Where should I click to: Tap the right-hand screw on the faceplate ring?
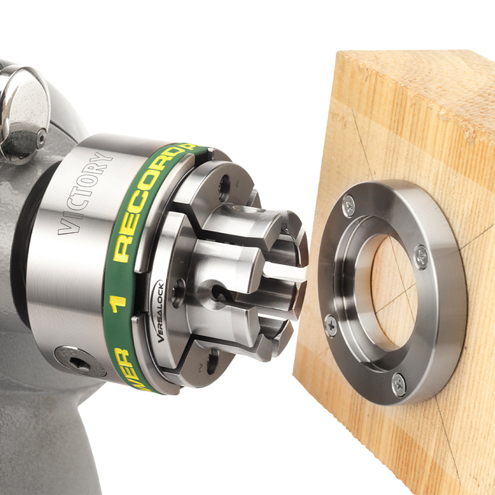pos(420,257)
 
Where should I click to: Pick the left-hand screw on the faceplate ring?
pos(330,325)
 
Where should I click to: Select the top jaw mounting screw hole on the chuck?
pos(223,184)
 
